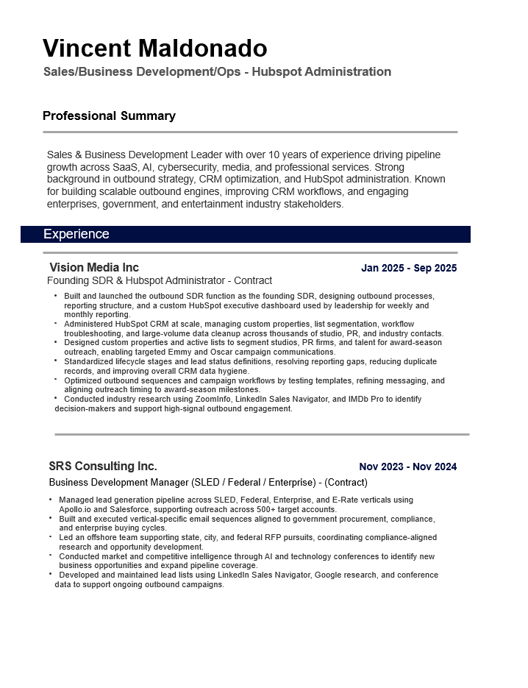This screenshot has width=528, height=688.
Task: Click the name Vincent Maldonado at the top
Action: [154, 49]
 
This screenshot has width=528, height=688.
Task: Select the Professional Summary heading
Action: [109, 116]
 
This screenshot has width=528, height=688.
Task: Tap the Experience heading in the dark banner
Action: [76, 234]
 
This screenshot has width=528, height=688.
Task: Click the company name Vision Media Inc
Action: [93, 267]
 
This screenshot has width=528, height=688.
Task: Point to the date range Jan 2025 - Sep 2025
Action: [408, 268]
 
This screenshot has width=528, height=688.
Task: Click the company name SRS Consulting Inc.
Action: [102, 466]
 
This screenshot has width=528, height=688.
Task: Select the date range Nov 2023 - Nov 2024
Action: [407, 467]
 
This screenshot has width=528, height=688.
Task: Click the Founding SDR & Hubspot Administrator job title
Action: [159, 280]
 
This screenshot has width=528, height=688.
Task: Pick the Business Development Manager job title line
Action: [207, 483]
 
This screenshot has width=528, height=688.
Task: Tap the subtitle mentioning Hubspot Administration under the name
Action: [217, 71]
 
